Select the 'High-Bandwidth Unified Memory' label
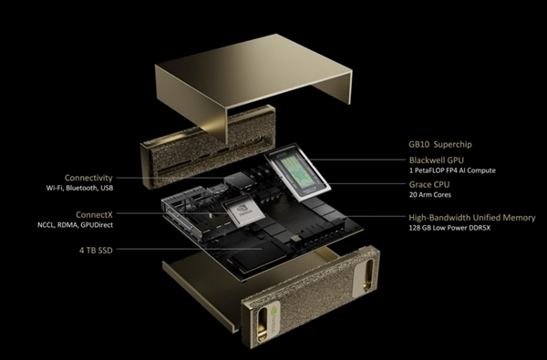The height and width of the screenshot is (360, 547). (x=472, y=218)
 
